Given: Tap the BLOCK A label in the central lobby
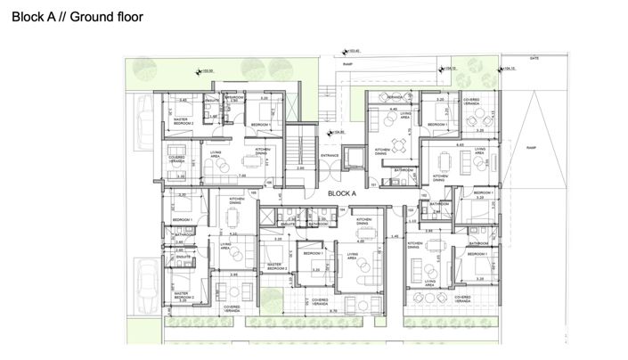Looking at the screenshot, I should pyautogui.click(x=342, y=192).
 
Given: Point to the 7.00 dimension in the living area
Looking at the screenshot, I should pyautogui.click(x=242, y=176).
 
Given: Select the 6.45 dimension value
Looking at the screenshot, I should pyautogui.click(x=460, y=143).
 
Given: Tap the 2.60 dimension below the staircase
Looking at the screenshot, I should pyautogui.click(x=301, y=168).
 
